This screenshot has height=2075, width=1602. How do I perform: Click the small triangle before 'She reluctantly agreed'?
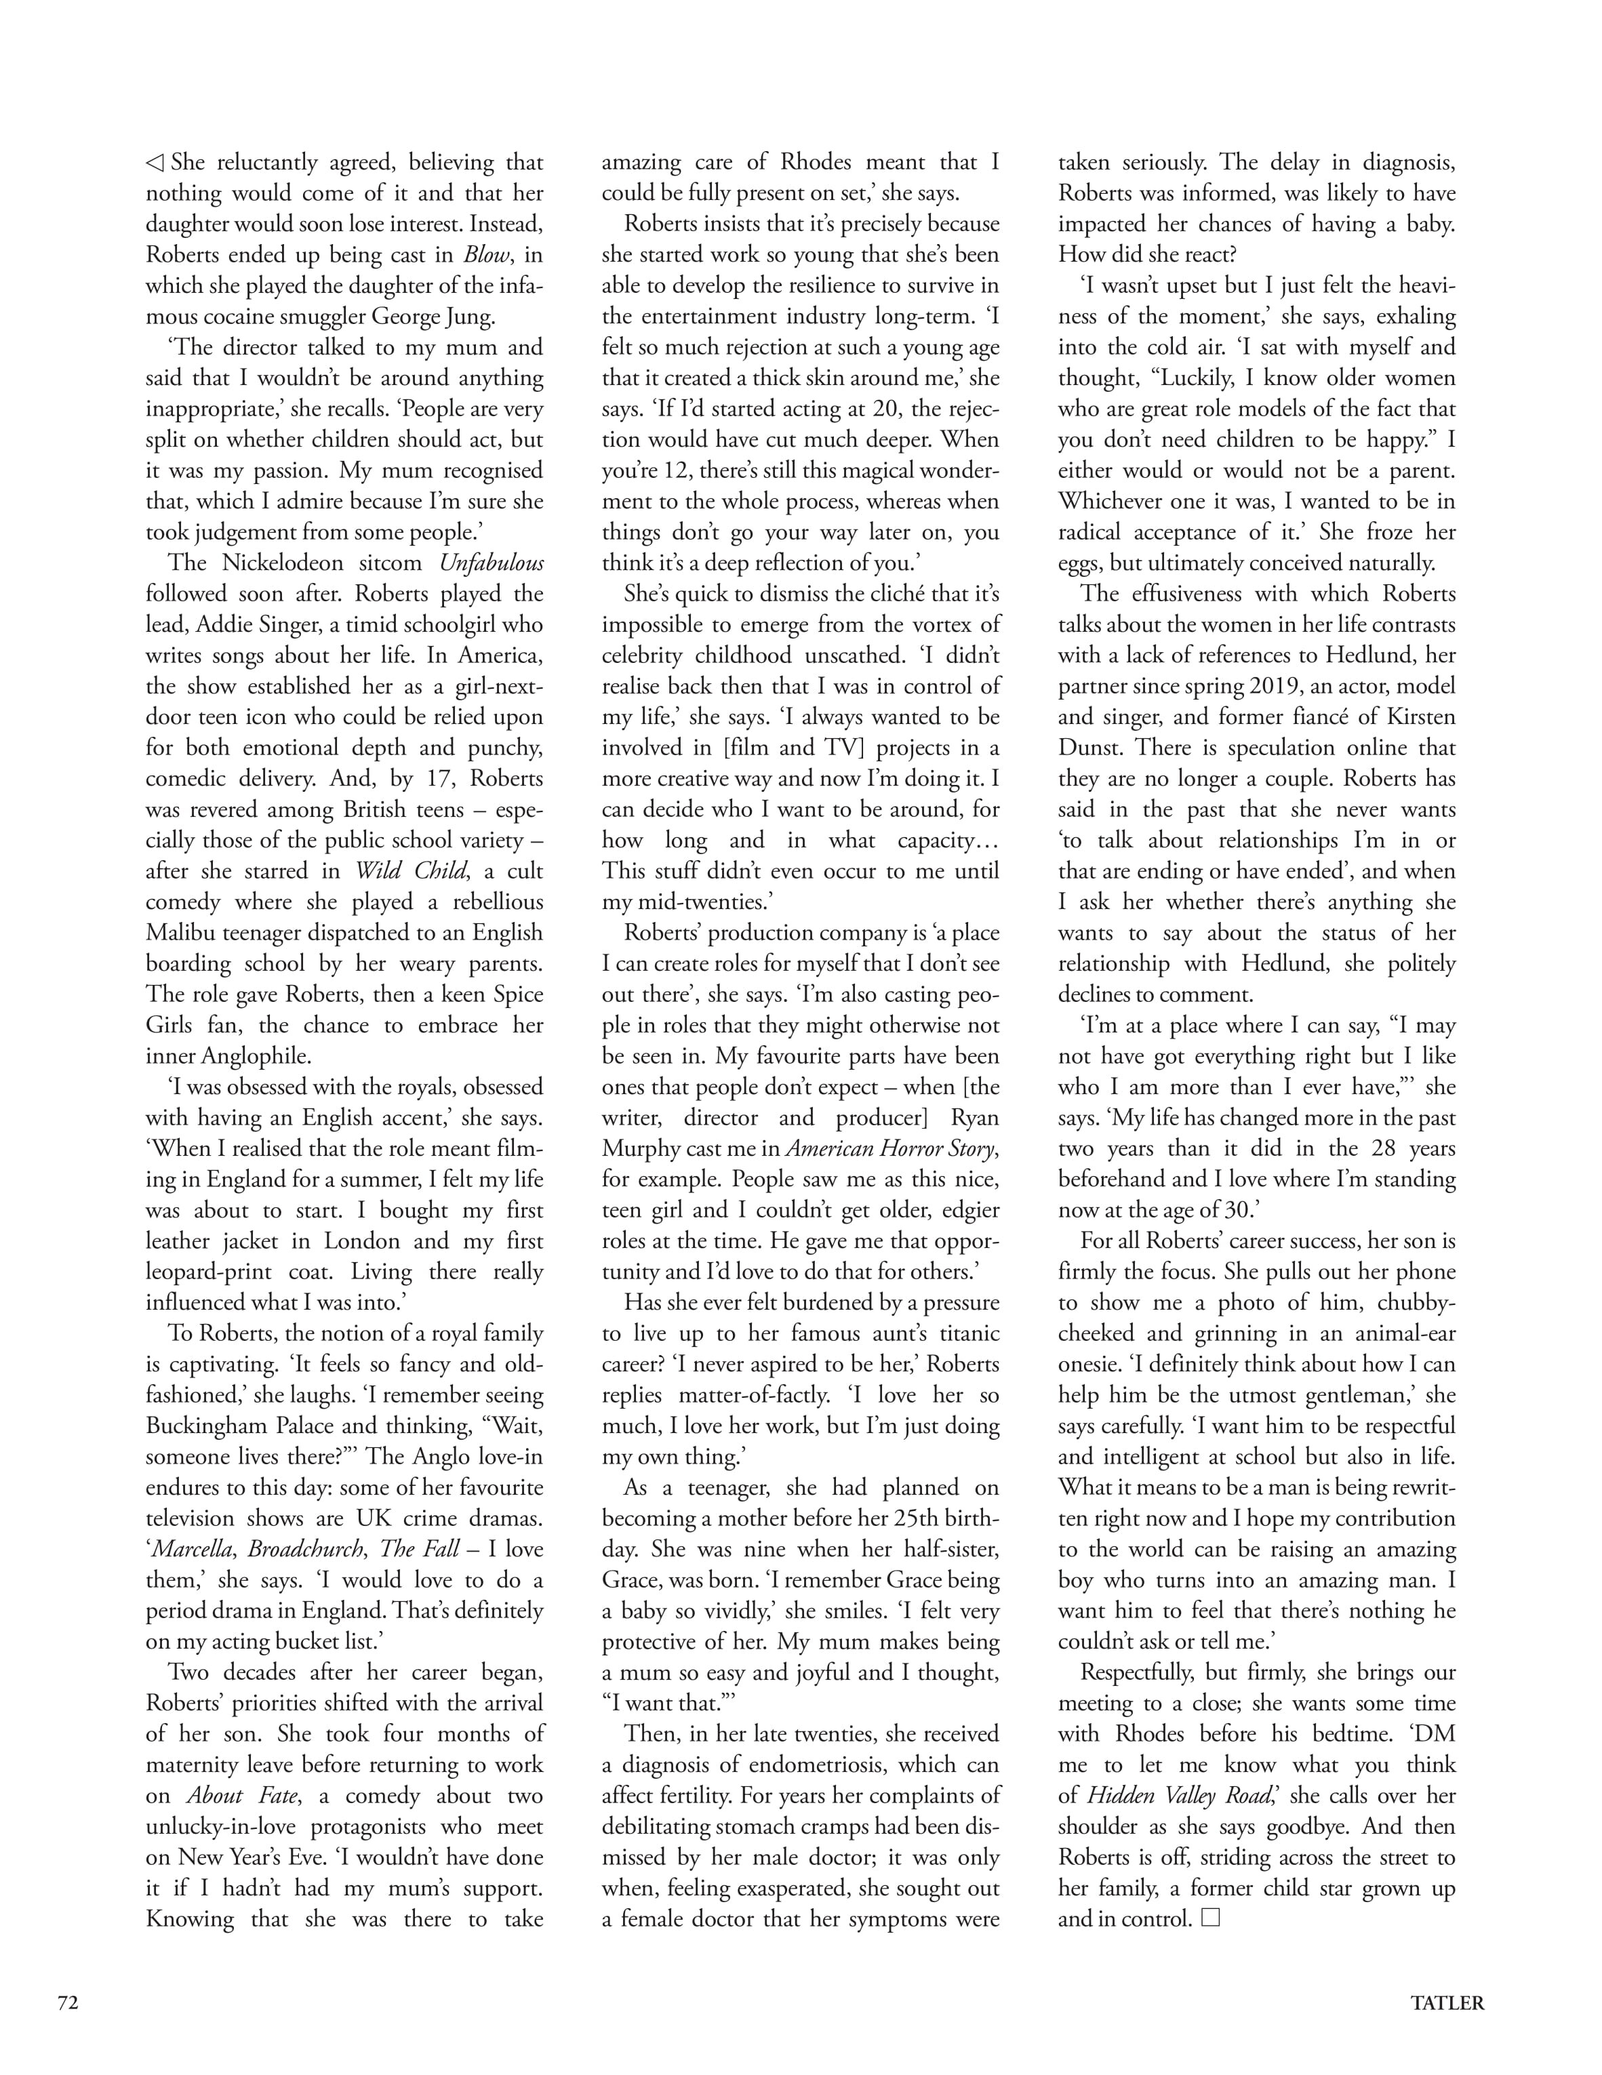(x=154, y=163)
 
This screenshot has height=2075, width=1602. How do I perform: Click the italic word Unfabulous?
(x=492, y=563)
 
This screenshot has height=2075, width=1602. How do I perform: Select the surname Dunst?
(x=1093, y=748)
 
